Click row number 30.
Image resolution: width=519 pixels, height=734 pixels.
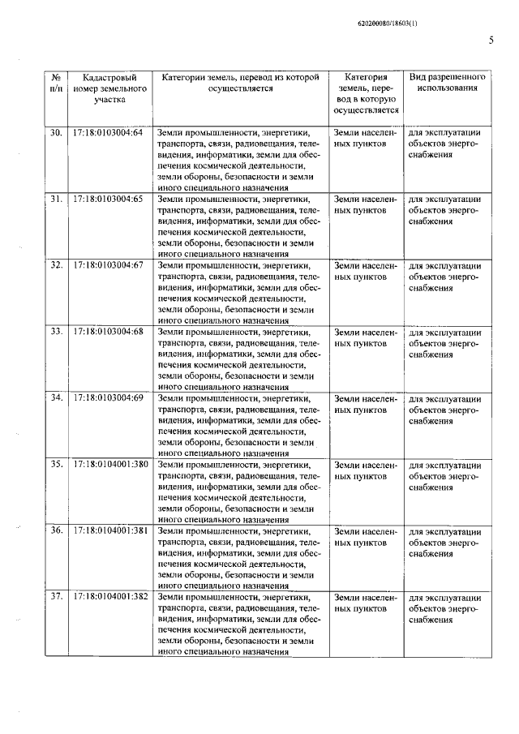[x=56, y=131]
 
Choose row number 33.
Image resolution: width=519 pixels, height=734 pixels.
[x=56, y=331]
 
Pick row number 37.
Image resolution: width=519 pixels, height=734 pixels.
[x=56, y=596]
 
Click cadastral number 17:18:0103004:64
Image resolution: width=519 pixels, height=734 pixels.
[x=108, y=131]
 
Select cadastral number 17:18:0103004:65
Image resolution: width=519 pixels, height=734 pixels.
[x=108, y=198]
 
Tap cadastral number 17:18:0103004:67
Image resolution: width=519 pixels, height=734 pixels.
[x=108, y=264]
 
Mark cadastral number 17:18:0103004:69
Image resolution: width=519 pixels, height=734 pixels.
[x=108, y=397]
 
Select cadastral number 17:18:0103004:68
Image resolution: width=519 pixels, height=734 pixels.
[x=108, y=331]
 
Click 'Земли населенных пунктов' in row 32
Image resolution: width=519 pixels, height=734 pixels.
[x=365, y=270]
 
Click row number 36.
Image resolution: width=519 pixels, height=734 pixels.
[x=56, y=530]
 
